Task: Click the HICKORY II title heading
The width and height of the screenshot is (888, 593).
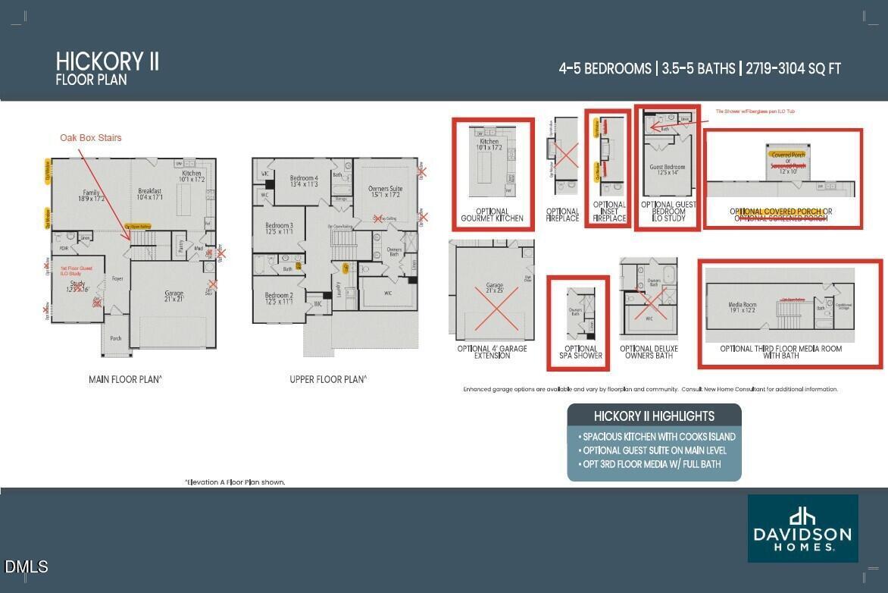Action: (x=107, y=61)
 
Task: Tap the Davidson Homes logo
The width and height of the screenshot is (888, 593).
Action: (x=802, y=529)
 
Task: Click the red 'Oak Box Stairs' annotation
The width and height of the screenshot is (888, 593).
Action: (x=91, y=137)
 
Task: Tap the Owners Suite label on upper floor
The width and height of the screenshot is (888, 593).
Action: (x=385, y=192)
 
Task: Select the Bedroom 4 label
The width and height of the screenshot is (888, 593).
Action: (x=303, y=181)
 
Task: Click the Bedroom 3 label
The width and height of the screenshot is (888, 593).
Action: (x=279, y=228)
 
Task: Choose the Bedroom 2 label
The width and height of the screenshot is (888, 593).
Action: (x=279, y=298)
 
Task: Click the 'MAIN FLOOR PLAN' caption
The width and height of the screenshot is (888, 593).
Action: (x=125, y=379)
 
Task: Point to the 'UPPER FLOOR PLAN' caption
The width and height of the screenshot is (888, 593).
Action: (x=328, y=379)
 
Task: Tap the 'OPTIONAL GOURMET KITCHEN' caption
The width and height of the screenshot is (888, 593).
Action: (x=492, y=215)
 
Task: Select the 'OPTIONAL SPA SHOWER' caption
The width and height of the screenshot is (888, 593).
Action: (x=578, y=352)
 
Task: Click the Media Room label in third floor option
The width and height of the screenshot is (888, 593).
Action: (x=742, y=308)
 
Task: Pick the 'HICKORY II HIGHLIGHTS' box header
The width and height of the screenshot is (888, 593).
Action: (x=654, y=416)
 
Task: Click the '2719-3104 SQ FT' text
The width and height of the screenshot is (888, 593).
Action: (x=793, y=69)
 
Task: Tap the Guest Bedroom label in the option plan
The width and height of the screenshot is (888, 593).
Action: (x=667, y=170)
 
